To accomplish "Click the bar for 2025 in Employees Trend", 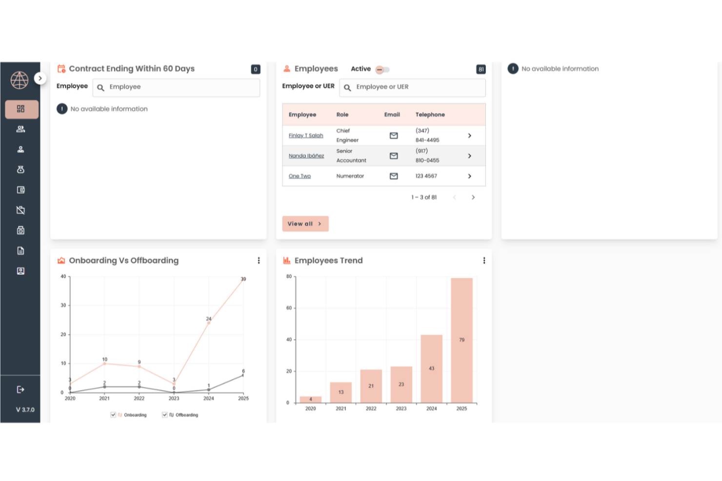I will (x=461, y=340).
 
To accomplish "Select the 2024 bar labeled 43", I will (x=431, y=368).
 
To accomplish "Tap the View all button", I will (x=305, y=224).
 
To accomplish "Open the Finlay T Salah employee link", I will (x=306, y=135).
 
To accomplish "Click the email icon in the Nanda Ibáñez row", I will (x=394, y=156).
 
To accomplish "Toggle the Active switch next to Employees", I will (x=382, y=70).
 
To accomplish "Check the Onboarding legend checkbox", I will (x=113, y=415).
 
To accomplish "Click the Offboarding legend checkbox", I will (x=165, y=415).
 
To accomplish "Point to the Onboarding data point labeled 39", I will (x=243, y=281).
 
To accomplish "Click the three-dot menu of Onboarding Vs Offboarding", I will (x=259, y=261).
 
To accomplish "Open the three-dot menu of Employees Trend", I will (x=484, y=261).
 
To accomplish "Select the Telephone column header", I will (x=430, y=115).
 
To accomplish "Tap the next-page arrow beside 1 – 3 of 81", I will (x=473, y=197).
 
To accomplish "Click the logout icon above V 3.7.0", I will (x=20, y=389).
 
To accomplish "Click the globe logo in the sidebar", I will (x=20, y=80).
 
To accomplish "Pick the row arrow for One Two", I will (x=469, y=176).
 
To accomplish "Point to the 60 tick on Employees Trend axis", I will (x=289, y=308).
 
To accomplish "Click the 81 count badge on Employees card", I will (x=481, y=69).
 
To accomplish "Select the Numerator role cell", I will (x=350, y=176).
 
